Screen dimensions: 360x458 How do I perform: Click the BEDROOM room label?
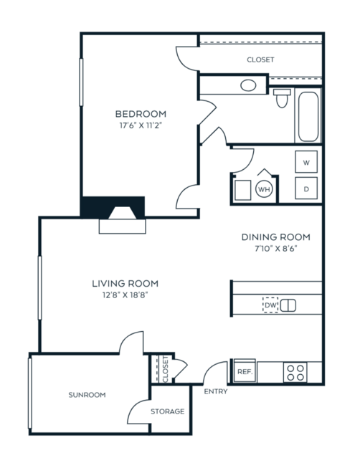141,114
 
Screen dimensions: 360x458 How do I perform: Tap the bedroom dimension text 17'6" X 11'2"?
141,125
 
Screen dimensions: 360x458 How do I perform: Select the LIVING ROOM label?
125,283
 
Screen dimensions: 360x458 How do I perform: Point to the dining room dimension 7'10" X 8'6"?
276,249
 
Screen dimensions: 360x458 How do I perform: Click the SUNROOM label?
87,395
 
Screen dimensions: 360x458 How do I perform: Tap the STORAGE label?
167,411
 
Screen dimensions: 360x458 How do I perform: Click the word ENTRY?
216,391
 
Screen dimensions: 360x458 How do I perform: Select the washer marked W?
306,162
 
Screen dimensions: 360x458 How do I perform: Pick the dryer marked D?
306,189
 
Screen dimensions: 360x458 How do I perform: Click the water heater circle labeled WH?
264,189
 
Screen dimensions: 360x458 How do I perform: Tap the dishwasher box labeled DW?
270,305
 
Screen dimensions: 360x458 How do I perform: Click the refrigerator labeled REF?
245,371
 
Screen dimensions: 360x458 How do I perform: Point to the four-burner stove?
295,373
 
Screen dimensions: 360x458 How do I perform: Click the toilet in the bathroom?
282,98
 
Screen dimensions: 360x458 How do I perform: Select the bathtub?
308,117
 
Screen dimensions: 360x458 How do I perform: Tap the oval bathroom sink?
248,85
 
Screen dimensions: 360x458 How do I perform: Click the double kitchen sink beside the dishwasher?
288,305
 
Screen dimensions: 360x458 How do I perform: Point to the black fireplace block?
113,207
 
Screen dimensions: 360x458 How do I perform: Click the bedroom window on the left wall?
81,82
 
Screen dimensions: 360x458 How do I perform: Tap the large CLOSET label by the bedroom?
260,59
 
